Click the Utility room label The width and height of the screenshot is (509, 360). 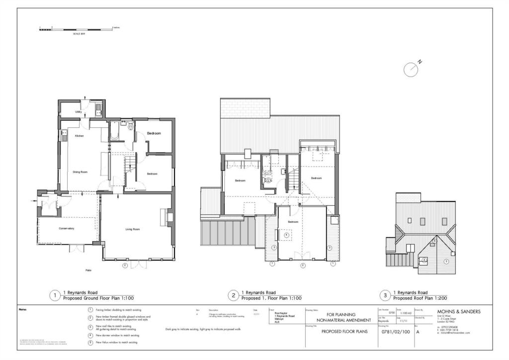(x=79, y=112)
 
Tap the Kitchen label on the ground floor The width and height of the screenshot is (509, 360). (x=80, y=136)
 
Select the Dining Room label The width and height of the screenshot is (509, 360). (x=80, y=172)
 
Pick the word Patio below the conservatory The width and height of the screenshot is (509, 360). (x=88, y=270)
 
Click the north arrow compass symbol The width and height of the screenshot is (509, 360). (x=412, y=69)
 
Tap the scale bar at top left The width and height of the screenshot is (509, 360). (x=77, y=30)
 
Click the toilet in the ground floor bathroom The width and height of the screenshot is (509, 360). (x=130, y=128)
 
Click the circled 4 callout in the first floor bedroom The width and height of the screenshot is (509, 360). (x=286, y=235)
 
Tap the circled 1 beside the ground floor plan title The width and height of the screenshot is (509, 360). (x=54, y=295)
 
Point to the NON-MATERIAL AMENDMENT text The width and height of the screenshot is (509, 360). (x=343, y=320)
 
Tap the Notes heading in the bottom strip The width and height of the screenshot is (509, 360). (x=23, y=309)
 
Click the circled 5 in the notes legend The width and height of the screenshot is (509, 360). (x=90, y=343)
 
